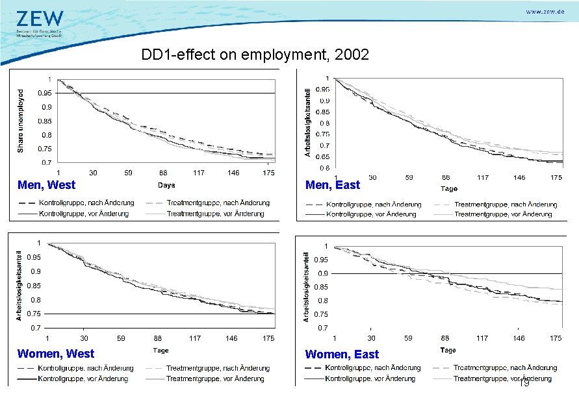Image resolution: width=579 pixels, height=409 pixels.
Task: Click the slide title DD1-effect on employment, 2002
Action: coord(255,55)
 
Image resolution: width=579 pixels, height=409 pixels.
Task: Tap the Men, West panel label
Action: coord(46,185)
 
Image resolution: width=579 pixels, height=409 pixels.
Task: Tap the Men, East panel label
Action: coord(332,185)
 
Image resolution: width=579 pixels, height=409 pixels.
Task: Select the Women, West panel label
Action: coord(55,354)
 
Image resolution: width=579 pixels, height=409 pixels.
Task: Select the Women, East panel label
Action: coord(342,354)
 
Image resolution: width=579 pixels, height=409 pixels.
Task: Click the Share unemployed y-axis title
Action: coord(20,121)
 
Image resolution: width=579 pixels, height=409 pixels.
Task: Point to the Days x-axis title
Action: coord(166,186)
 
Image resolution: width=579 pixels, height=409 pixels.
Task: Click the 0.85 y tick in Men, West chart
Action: coord(44,121)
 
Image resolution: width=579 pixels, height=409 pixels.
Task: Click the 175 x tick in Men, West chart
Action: coord(267,173)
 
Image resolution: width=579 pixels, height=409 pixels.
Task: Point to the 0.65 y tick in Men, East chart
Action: coord(322,156)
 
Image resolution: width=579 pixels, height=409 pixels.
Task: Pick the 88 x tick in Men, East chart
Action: coord(446,177)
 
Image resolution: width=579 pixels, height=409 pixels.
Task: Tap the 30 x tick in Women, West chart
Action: coord(84,338)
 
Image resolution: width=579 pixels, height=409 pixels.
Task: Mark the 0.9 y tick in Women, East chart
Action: coord(322,273)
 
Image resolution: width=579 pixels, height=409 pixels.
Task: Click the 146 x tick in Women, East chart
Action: coord(519,338)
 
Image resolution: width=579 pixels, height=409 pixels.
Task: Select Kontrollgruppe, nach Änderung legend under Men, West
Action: coord(86,203)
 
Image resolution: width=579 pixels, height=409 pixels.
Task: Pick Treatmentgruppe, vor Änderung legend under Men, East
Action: coord(503,214)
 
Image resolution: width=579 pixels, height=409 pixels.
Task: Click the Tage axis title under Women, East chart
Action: coord(448,351)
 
